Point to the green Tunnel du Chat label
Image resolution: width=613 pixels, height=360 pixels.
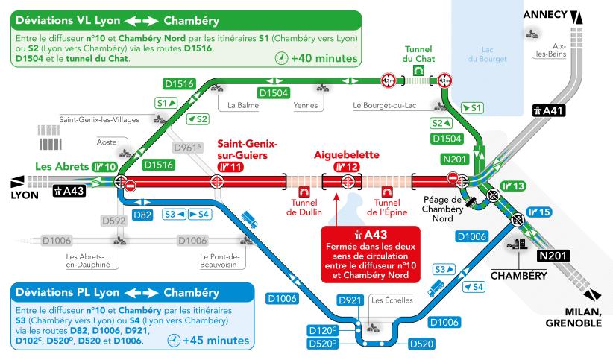point(418,53)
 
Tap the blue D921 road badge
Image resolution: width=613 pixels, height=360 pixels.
point(350,300)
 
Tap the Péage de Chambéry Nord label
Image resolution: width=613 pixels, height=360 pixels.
point(448,209)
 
